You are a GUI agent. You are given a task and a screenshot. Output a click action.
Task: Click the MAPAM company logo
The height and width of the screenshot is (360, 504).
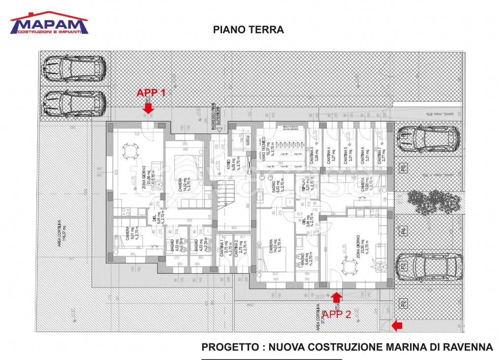click(x=49, y=23)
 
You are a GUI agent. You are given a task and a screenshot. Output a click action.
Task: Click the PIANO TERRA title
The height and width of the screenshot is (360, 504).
click(x=248, y=30)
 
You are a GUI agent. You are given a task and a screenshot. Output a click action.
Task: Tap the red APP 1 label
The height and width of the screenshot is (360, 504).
click(x=151, y=93)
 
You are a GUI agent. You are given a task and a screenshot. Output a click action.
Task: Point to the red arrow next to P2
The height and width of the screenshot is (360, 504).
click(x=397, y=326)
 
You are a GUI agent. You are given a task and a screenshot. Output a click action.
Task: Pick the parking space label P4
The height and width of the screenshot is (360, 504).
click(x=403, y=230)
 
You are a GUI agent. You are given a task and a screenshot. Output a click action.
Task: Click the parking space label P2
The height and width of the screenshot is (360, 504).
click(x=403, y=303)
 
